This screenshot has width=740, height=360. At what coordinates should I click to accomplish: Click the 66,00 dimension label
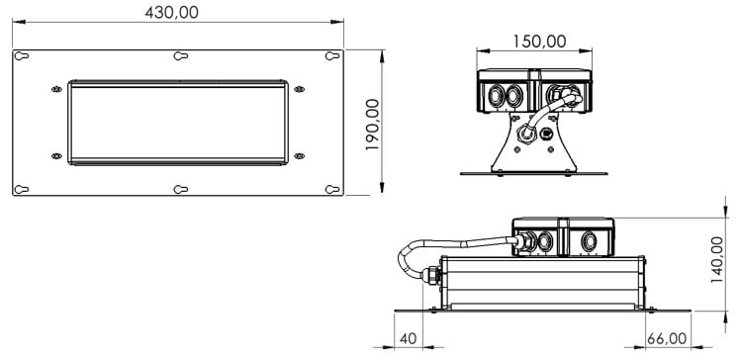click(x=667, y=339)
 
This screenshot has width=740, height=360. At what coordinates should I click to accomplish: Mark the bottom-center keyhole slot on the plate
click(x=179, y=188)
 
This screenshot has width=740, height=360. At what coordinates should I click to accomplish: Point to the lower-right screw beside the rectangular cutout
click(x=302, y=154)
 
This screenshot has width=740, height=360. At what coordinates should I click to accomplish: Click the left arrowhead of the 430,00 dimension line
click(x=17, y=29)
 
